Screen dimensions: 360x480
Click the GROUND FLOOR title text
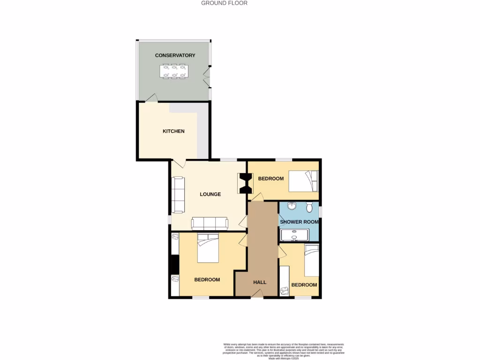[x=224, y=3]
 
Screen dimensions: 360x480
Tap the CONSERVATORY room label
[x=175, y=55]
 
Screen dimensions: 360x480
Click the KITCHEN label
[x=173, y=131]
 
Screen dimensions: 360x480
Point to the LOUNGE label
[x=210, y=194]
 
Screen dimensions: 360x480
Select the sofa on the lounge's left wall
[x=178, y=194]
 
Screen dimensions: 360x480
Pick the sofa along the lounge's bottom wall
[x=210, y=224]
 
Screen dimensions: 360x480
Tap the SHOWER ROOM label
[x=299, y=222]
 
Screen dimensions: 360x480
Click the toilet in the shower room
[x=309, y=207]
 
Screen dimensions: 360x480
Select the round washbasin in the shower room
[x=292, y=206]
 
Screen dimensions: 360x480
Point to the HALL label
[x=260, y=282]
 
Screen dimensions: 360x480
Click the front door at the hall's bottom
[x=256, y=293]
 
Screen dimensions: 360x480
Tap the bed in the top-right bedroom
[x=303, y=181]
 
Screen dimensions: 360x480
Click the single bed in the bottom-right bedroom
[x=312, y=261]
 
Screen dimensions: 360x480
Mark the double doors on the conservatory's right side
[x=207, y=77]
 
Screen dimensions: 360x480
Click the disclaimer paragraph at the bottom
[x=284, y=351]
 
